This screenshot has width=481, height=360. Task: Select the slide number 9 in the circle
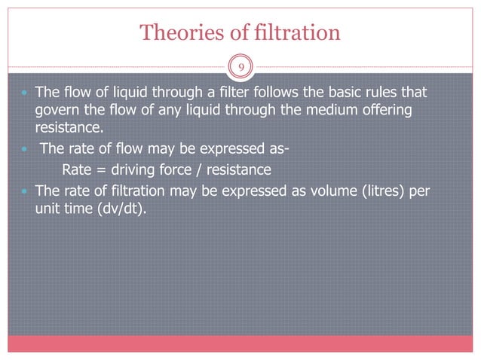coord(240,67)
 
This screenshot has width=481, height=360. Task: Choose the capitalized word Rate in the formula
coord(75,169)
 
